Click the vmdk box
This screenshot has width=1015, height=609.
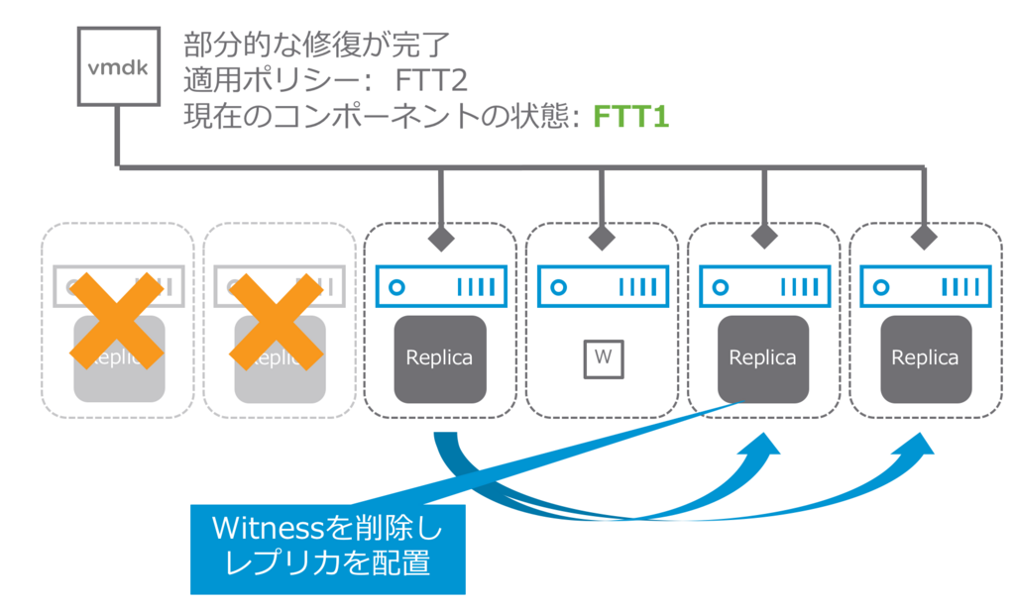pyautogui.click(x=118, y=66)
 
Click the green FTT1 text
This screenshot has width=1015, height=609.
pyautogui.click(x=631, y=117)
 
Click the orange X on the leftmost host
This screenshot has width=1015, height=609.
pyautogui.click(x=117, y=321)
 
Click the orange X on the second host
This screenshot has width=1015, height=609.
pyautogui.click(x=278, y=321)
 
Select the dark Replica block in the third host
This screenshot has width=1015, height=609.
pyautogui.click(x=439, y=358)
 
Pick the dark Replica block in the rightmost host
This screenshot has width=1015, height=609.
pyautogui.click(x=925, y=358)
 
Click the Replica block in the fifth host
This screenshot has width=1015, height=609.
pyautogui.click(x=763, y=358)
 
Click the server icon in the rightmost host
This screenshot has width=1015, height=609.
pyautogui.click(x=925, y=287)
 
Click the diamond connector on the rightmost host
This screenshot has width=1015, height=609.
pyautogui.click(x=925, y=239)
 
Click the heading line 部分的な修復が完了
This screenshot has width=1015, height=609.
pyautogui.click(x=317, y=44)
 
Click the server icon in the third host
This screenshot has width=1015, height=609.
pyautogui.click(x=439, y=287)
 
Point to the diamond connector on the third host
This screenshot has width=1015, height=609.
pyautogui.click(x=439, y=239)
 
